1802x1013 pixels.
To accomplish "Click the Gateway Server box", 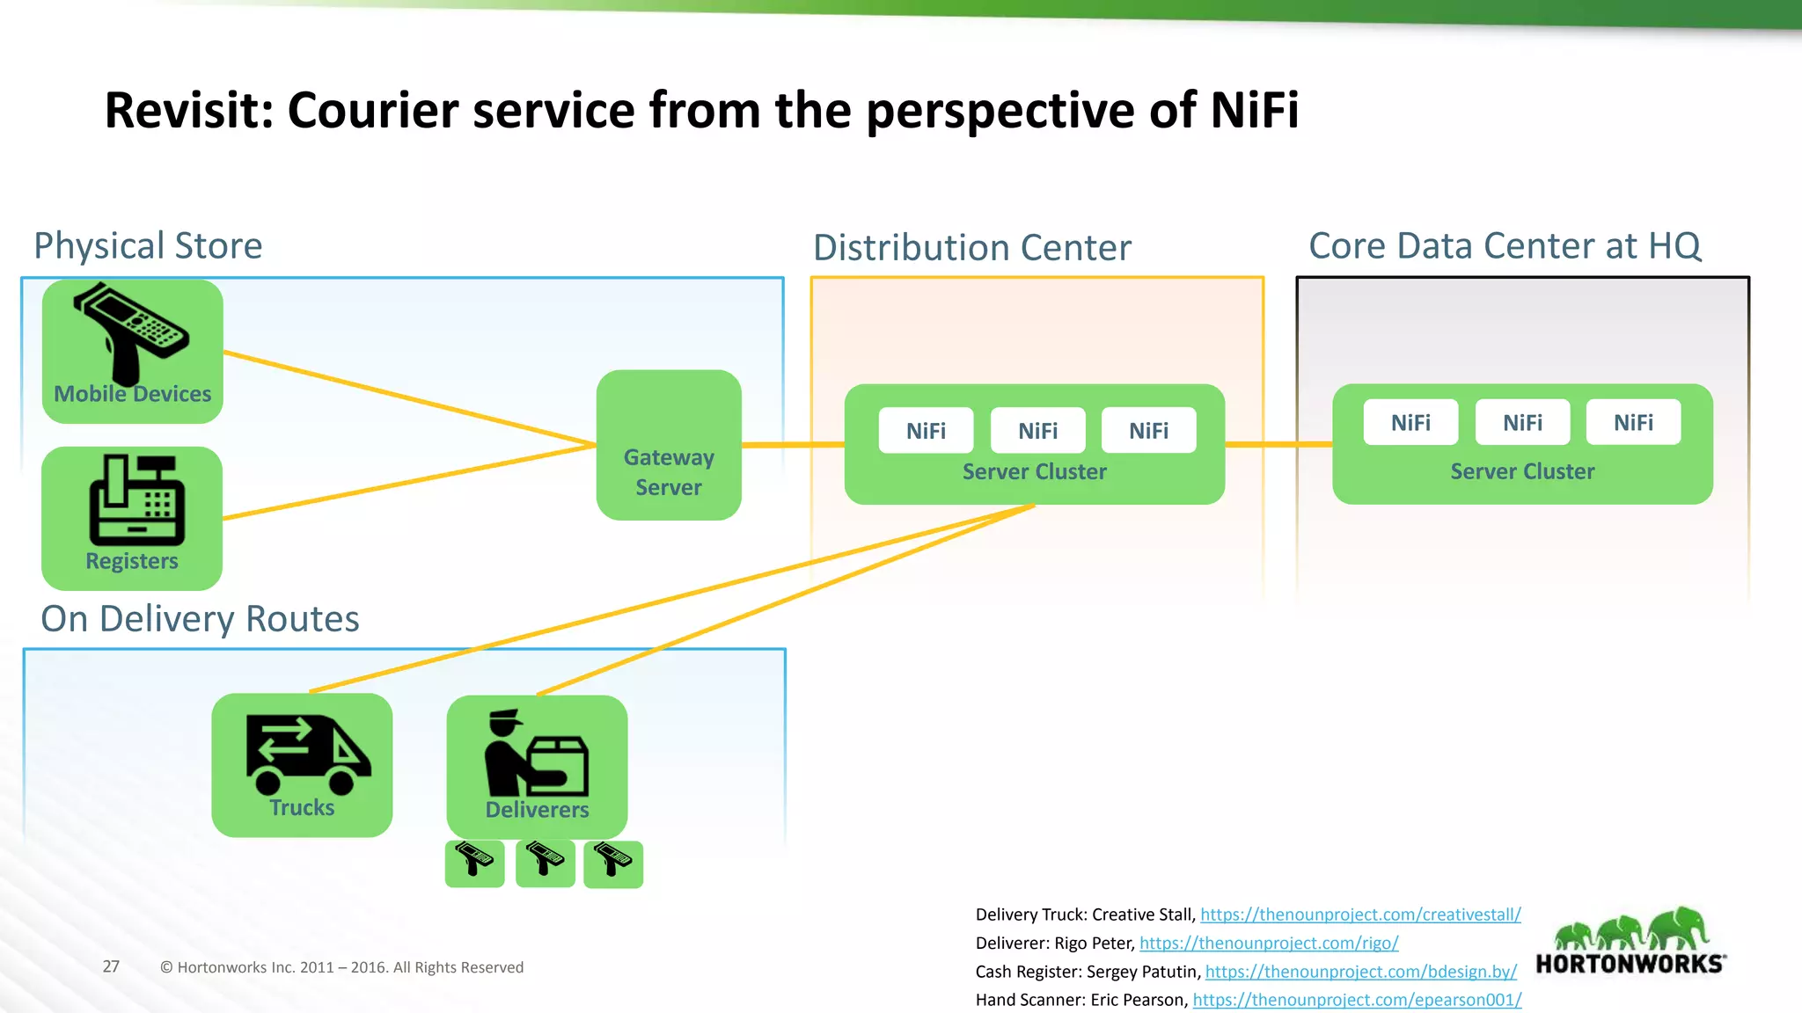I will pos(669,445).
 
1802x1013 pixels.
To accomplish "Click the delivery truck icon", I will pos(307,754).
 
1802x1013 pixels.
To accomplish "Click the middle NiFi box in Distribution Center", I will pos(1037,430).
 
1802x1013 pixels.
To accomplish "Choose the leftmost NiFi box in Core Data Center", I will pos(1410,422).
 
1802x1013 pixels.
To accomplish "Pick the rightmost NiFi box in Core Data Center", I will pos(1633,422).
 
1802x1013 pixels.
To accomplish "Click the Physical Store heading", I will pos(148,245).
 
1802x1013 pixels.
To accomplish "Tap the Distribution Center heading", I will pos(971,247).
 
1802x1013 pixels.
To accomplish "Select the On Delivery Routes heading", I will pos(200,618).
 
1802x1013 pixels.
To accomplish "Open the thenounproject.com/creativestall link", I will pos(1359,915).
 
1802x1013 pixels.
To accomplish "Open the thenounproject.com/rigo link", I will pos(1268,943).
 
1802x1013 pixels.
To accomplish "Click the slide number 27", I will pos(111,966).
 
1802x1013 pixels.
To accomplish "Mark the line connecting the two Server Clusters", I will pos(1278,444).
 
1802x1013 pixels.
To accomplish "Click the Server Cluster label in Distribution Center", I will pos(1034,471).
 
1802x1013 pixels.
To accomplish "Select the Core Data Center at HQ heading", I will pos(1505,245).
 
